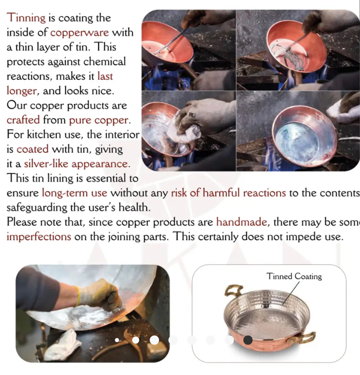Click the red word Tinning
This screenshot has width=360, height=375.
(26, 18)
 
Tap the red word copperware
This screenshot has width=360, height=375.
(80, 33)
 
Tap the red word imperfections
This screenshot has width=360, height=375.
(39, 237)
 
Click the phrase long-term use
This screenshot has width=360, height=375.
(75, 193)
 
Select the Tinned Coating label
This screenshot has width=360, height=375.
(294, 276)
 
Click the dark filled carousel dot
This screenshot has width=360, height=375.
(248, 340)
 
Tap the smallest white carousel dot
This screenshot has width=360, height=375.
(117, 340)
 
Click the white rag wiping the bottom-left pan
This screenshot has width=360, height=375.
(184, 131)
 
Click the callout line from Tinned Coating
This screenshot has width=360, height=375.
(291, 293)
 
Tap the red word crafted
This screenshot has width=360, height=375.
(23, 120)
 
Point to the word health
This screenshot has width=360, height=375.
(134, 208)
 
